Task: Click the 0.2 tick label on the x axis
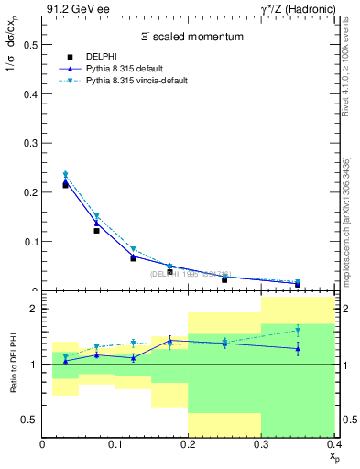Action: [x=188, y=444]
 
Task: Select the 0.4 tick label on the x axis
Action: [x=333, y=444]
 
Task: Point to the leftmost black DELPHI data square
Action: [x=65, y=184]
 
